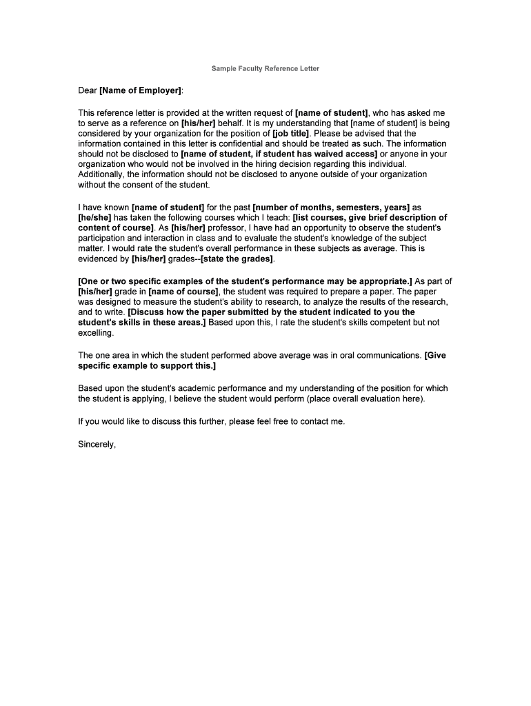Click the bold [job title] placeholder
pos(290,133)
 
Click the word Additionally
pos(101,174)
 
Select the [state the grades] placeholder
pos(237,259)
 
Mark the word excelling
pos(95,332)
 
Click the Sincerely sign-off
pos(97,444)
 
